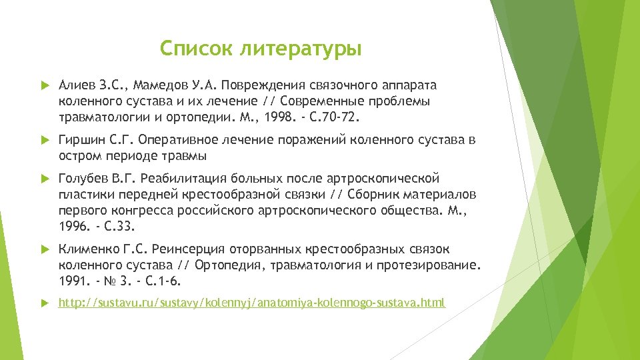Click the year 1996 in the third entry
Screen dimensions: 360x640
pyautogui.click(x=73, y=227)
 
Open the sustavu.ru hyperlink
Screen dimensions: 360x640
pyautogui.click(x=251, y=303)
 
